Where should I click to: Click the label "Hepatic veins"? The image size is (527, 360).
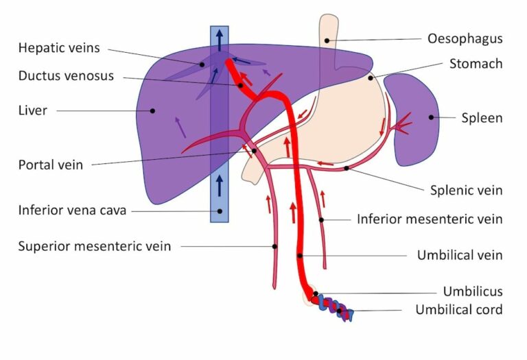click(x=60, y=48)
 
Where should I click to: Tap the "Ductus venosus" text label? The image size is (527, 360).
click(x=67, y=75)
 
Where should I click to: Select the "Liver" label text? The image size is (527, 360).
click(x=33, y=110)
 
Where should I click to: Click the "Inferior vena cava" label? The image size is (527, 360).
click(x=73, y=211)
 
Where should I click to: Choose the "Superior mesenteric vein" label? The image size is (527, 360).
click(x=95, y=245)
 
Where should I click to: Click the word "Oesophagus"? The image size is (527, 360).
click(x=465, y=38)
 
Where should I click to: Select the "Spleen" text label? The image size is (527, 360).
click(x=482, y=118)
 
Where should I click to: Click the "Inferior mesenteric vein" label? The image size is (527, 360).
click(x=430, y=219)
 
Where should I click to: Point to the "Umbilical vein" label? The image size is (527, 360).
click(x=460, y=255)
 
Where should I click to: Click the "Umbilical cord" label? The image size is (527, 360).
click(x=458, y=309)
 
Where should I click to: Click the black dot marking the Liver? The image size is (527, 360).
click(x=152, y=110)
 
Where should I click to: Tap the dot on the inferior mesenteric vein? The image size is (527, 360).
click(x=321, y=220)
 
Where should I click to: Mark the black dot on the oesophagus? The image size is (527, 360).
click(x=327, y=40)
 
